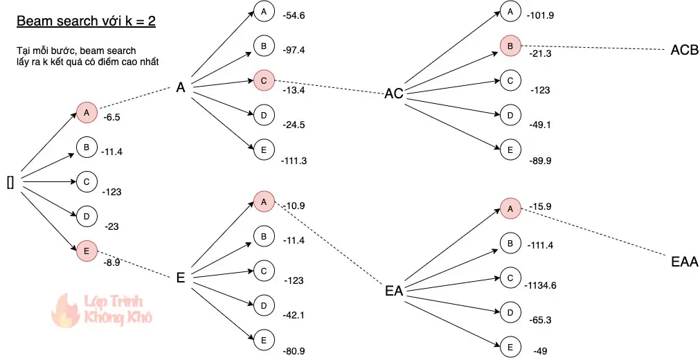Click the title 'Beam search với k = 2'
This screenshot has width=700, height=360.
tap(86, 21)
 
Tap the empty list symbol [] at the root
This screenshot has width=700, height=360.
tap(10, 183)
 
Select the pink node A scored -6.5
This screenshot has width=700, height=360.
tap(87, 112)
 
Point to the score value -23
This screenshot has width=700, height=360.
tap(112, 226)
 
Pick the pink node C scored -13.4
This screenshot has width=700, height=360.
tap(263, 80)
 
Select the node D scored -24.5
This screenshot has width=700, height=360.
tap(263, 115)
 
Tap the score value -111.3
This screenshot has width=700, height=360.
tap(294, 161)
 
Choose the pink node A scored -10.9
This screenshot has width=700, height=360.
tap(263, 201)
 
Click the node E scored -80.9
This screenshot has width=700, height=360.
tap(263, 340)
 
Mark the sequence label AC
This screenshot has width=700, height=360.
tap(394, 94)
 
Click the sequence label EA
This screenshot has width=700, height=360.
tap(394, 291)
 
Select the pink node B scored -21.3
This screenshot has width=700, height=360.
tap(510, 46)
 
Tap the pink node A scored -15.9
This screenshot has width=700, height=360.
tap(510, 208)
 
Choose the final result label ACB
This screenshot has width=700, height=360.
tap(685, 51)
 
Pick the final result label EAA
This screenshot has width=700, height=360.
tap(685, 262)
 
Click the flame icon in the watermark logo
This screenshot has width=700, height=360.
tap(67, 309)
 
